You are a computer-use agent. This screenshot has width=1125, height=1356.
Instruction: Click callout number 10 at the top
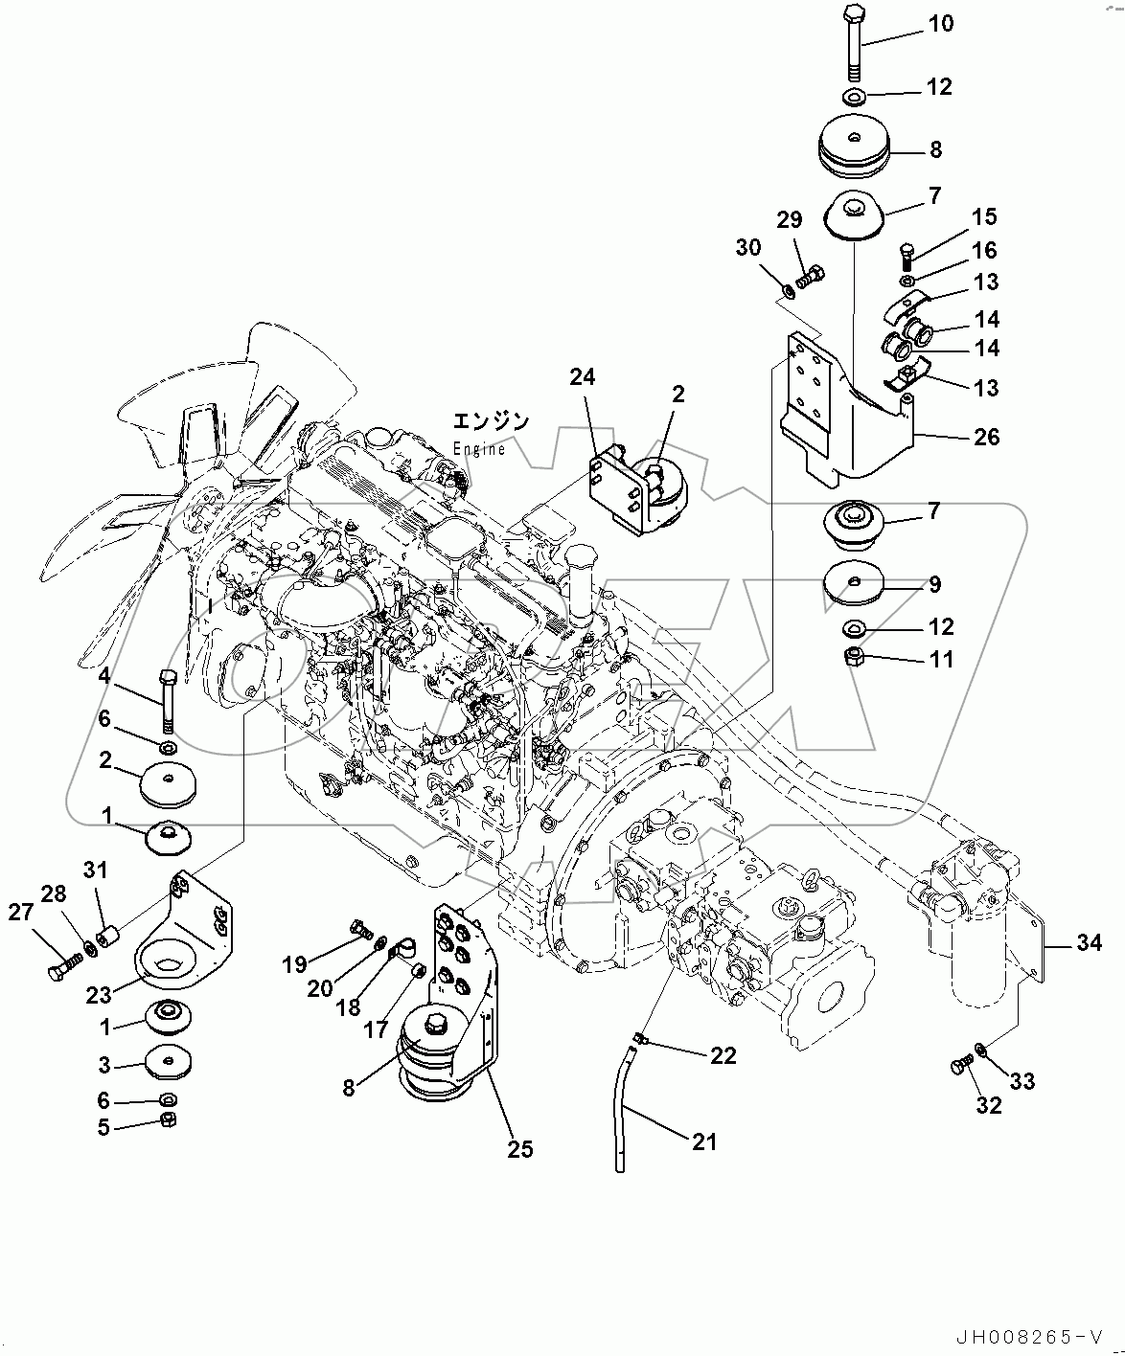click(941, 23)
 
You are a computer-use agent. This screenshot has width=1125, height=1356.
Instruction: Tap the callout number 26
click(986, 438)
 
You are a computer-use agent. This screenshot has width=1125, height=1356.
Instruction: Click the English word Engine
click(479, 449)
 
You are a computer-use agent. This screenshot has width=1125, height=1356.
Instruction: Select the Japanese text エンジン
click(491, 421)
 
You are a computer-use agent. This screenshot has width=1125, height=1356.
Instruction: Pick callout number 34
click(1089, 943)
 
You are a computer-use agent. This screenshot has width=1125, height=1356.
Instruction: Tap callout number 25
click(520, 1149)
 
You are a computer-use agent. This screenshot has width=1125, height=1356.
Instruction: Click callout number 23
click(99, 995)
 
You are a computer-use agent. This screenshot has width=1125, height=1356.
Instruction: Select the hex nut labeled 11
click(856, 658)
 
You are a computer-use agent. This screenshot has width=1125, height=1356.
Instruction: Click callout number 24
click(582, 377)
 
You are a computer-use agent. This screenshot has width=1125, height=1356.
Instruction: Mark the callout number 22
click(723, 1055)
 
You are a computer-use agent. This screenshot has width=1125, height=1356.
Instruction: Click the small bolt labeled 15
click(908, 256)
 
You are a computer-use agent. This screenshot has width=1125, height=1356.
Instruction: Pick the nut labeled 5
click(166, 1121)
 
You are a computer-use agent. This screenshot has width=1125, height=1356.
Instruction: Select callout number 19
click(294, 964)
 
